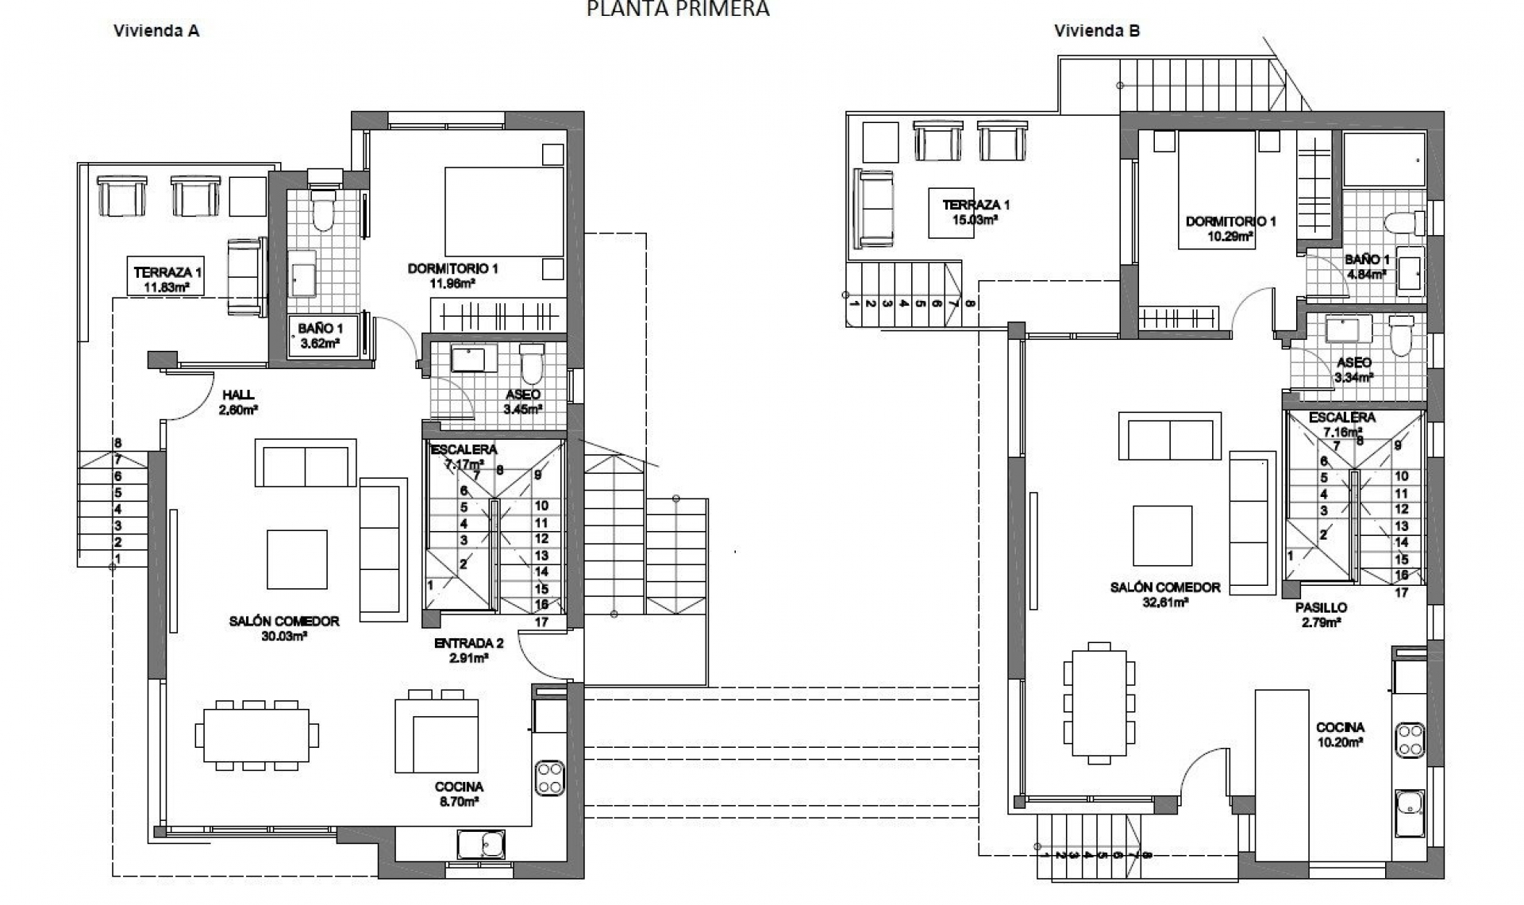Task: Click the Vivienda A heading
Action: coord(156,31)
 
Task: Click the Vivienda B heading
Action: coord(1097,31)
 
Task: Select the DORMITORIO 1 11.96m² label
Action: coord(452,275)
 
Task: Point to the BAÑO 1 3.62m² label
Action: coord(321,335)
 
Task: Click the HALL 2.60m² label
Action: coord(239,402)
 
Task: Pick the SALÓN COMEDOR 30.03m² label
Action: coord(284,628)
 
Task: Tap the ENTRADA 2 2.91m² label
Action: coord(468,650)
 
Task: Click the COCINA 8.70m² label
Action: coord(459,794)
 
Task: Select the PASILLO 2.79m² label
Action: coord(1321,615)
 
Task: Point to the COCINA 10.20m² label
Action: coord(1340,734)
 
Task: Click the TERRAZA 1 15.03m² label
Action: coord(976,212)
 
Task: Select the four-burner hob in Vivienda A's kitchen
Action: coord(549,778)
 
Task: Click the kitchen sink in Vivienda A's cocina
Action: coord(481,845)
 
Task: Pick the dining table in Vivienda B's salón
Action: coord(1099,703)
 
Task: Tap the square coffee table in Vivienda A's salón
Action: coord(297,560)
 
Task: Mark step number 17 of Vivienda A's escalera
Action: coord(541,622)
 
